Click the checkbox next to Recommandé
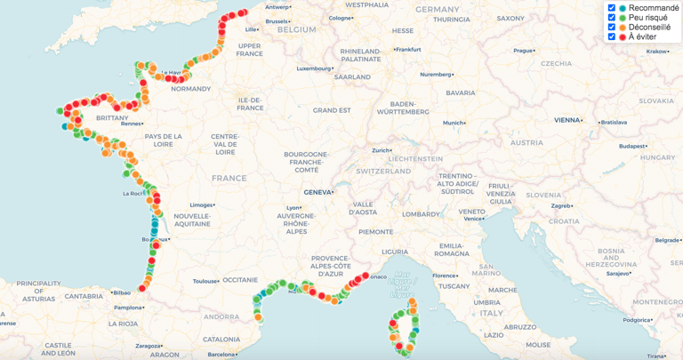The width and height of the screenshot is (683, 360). [612, 8]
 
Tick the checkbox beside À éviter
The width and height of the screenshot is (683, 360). [612, 37]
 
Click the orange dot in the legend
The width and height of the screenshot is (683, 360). [623, 28]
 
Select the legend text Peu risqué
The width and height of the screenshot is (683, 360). [648, 18]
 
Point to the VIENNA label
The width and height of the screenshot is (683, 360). [566, 120]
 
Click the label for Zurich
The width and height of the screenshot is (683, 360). [381, 150]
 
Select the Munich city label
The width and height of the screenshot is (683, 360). [454, 123]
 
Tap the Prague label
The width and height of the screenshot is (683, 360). [523, 51]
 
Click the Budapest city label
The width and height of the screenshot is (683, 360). [632, 146]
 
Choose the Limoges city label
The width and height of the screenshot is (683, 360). [200, 204]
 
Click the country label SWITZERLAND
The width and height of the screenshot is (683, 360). [382, 170]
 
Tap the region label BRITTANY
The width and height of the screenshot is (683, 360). [112, 117]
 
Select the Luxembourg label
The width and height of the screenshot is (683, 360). [313, 68]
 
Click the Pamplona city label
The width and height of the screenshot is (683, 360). [128, 308]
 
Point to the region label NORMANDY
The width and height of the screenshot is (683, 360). [190, 89]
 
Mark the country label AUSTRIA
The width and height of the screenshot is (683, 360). [526, 142]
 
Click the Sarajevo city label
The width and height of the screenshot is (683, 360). [616, 274]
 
